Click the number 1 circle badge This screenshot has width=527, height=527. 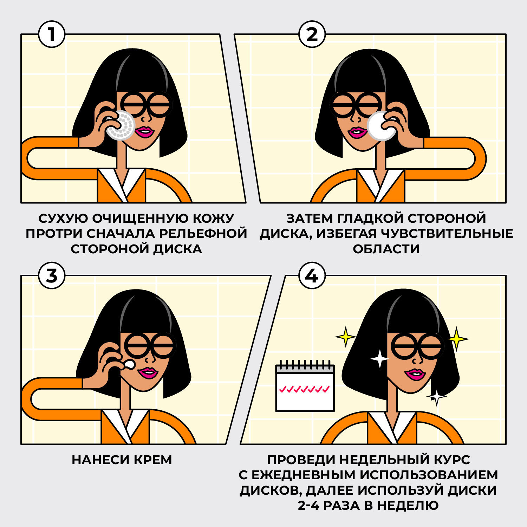[x=52, y=34]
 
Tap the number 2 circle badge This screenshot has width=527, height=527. [x=312, y=34]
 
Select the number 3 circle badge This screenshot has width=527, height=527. [x=52, y=276]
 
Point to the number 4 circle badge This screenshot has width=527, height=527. [x=312, y=276]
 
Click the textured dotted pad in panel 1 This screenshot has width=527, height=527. [x=121, y=126]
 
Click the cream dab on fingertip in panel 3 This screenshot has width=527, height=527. [x=130, y=365]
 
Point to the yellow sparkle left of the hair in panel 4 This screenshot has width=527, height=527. [x=346, y=337]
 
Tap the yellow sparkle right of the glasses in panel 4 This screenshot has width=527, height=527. [x=457, y=339]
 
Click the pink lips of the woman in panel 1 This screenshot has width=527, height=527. [x=145, y=132]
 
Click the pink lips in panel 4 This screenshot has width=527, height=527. [x=415, y=375]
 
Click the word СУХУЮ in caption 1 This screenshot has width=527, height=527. [x=63, y=219]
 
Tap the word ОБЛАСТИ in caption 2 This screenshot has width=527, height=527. [x=386, y=249]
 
